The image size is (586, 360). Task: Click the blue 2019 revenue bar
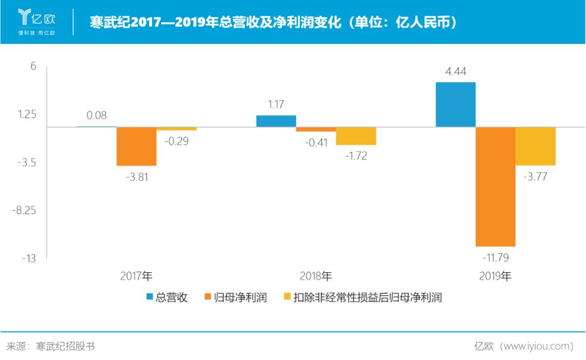[456, 105]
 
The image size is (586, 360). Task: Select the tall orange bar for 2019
[495, 187]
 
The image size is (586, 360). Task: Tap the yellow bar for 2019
[536, 146]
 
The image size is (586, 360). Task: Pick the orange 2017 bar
[136, 146]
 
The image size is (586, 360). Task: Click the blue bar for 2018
[276, 121]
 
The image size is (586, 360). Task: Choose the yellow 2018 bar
[356, 136]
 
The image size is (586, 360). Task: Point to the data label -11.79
[495, 257]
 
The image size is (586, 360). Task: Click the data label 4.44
[456, 72]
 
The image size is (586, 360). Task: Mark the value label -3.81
[136, 177]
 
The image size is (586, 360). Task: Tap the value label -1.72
[356, 156]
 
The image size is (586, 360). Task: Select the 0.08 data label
[97, 115]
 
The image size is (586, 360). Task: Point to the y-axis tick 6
[33, 66]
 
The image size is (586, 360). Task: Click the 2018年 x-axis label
[316, 276]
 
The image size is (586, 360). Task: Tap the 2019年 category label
[495, 276]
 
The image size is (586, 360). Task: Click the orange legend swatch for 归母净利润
[207, 297]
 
